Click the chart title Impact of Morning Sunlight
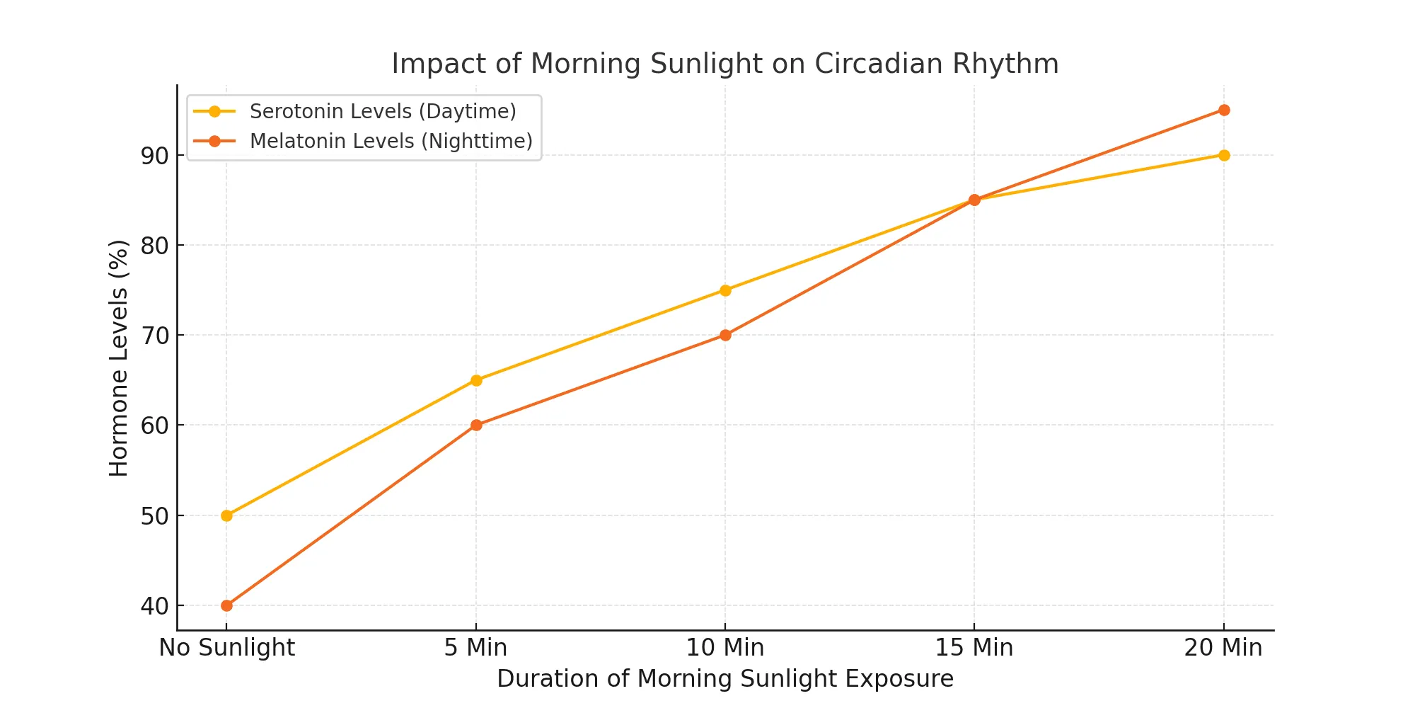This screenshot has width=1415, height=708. point(724,64)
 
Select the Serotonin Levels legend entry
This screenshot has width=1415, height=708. point(382,111)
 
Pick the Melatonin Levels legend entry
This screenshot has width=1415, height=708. point(391,141)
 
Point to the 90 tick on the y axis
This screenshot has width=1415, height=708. point(154,156)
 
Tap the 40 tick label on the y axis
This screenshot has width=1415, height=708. point(154,606)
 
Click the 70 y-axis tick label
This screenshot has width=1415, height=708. point(154,336)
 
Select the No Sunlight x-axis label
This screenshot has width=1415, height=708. point(226,647)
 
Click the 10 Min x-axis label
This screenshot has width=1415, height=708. point(725,647)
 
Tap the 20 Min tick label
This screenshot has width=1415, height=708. point(1223,647)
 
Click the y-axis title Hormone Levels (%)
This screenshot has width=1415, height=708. point(119,358)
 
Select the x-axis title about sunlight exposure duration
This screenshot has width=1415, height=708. point(724,678)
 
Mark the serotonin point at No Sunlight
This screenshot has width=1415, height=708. point(226,515)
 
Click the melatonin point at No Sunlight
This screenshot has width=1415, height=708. point(226,605)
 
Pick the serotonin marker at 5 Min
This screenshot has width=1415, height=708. point(476,380)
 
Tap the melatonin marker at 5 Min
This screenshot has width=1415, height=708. point(476,425)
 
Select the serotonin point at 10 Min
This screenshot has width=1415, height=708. point(725,290)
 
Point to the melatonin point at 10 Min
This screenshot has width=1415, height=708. point(725,335)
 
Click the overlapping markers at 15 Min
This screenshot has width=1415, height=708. point(974,200)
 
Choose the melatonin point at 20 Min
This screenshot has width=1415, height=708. point(1224,110)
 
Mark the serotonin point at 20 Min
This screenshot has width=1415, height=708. point(1224,155)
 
